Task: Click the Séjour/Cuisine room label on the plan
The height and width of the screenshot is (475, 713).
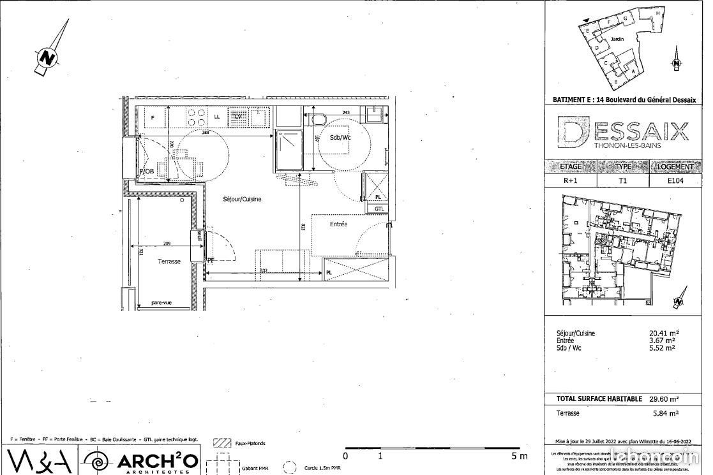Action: [242, 199]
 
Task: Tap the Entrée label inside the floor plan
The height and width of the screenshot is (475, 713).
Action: [338, 224]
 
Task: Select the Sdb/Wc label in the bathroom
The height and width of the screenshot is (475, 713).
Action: [340, 138]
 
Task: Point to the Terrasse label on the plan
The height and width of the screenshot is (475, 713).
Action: [169, 261]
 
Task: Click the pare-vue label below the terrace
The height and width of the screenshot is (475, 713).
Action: [161, 303]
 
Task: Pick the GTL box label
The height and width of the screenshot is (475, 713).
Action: [379, 208]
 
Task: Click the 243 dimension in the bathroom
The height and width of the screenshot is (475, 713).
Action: [346, 113]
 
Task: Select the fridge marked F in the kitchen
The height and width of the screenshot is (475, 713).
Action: [154, 117]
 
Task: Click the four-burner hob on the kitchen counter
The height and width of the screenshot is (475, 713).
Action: [196, 117]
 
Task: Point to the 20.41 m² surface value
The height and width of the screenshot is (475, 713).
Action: [664, 333]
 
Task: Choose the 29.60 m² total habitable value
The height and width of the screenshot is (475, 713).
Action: [663, 398]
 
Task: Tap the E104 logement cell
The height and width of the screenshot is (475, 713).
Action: [675, 180]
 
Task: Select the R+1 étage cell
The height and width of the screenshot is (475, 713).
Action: [569, 180]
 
